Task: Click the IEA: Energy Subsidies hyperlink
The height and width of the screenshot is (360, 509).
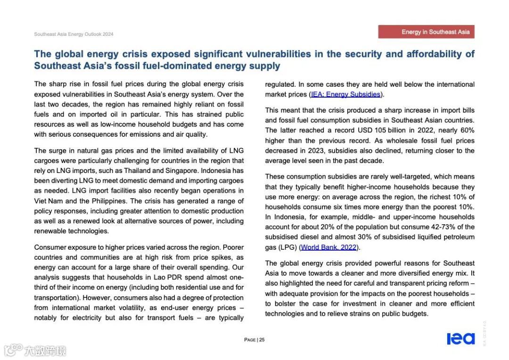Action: (x=345, y=94)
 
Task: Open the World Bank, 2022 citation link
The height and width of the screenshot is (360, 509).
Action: (x=328, y=247)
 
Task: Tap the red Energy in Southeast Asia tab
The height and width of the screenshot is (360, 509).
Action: (x=426, y=32)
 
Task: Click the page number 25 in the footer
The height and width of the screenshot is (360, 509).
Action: (x=262, y=340)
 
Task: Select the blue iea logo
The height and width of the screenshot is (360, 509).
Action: (x=460, y=339)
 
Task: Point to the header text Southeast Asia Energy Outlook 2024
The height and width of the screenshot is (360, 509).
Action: (x=74, y=34)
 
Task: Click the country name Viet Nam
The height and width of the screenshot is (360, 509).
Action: (x=48, y=201)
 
